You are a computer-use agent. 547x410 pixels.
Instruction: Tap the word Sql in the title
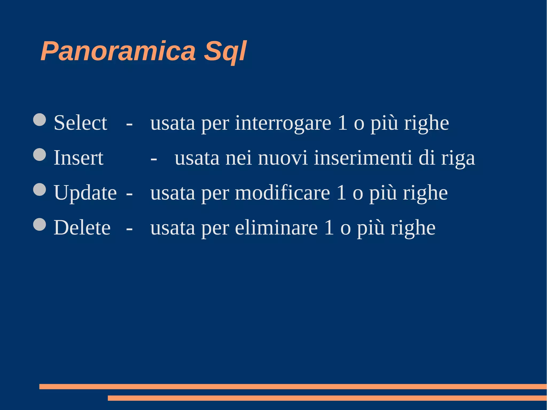225,51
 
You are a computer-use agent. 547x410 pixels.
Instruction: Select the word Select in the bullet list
80,123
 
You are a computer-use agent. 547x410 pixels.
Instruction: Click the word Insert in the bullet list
79,158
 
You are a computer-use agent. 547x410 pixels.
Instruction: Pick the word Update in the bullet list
85,193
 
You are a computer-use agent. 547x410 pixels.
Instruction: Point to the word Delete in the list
82,228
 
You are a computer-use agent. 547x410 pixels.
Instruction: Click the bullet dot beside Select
40,120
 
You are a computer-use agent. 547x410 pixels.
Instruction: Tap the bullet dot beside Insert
40,155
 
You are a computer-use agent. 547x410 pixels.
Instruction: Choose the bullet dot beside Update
40,190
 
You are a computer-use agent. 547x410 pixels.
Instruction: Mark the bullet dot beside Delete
40,224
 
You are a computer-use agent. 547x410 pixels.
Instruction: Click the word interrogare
283,123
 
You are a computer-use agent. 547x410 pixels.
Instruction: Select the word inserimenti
363,158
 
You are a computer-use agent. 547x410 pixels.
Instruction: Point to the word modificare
282,193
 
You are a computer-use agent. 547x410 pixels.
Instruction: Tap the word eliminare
276,228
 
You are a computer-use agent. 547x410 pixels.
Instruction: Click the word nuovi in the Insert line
283,158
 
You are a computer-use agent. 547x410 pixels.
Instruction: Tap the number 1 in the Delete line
329,228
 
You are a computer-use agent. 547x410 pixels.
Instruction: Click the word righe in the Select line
426,123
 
